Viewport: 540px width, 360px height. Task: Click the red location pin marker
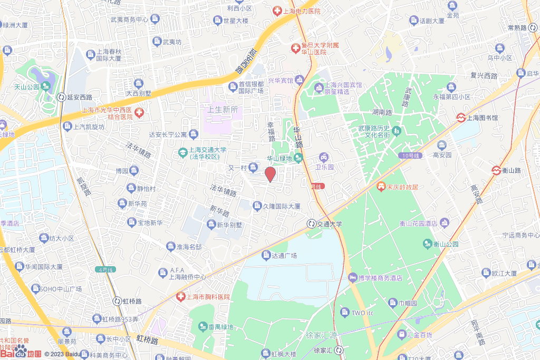pos(269,174)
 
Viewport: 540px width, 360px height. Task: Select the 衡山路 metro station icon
pos(496,170)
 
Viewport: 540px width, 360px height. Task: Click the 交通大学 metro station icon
pos(312,223)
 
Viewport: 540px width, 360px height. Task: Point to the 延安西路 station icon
pos(62,97)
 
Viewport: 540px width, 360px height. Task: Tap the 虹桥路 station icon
pos(117,301)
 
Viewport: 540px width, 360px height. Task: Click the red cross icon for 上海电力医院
pos(277,11)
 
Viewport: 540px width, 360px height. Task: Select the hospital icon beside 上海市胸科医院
pos(180,297)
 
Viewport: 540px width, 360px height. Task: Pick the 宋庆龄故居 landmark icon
pos(380,186)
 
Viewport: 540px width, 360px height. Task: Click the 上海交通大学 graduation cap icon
pos(182,152)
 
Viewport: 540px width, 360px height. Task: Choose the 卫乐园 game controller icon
pos(323,157)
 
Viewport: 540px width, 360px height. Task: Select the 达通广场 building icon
pos(266,255)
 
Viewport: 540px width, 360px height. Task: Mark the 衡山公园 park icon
pos(427,244)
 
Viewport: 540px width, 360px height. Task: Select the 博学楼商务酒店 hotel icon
pos(352,277)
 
